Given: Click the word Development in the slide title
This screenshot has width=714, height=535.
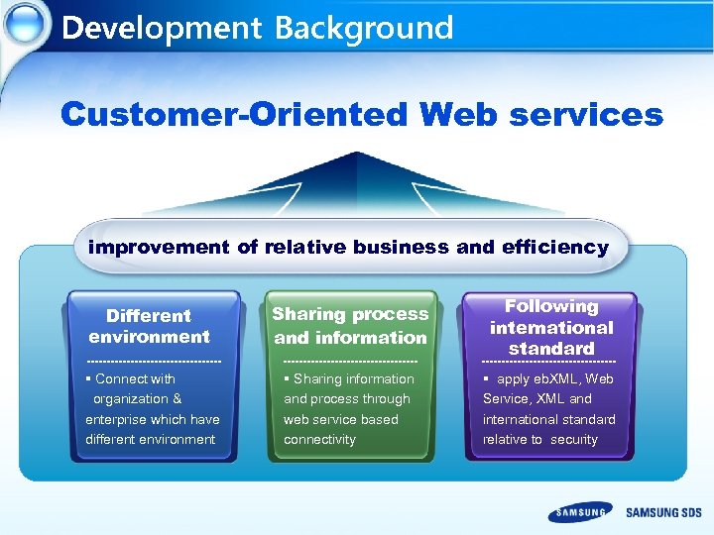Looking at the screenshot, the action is coord(163,27).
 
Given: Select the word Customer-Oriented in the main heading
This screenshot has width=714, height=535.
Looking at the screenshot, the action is coord(234,115).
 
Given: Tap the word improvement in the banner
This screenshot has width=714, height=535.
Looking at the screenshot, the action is coord(160,247).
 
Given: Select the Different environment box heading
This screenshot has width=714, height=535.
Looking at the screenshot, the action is coord(149,326).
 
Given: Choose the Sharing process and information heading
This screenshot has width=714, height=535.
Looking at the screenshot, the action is coord(350,325).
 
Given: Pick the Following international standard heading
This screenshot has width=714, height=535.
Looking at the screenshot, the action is coord(551,327).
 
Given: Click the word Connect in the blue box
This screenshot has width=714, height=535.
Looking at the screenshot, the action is coord(122,378).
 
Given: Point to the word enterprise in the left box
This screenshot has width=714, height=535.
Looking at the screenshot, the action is coord(116,419).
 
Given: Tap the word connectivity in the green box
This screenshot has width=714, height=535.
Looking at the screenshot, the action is coord(319,439).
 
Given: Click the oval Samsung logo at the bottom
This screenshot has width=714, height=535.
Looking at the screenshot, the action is coord(580,512).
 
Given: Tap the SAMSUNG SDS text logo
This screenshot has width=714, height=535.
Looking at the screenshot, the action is coord(663,512).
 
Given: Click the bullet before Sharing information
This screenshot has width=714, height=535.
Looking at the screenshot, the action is coord(286,378).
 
